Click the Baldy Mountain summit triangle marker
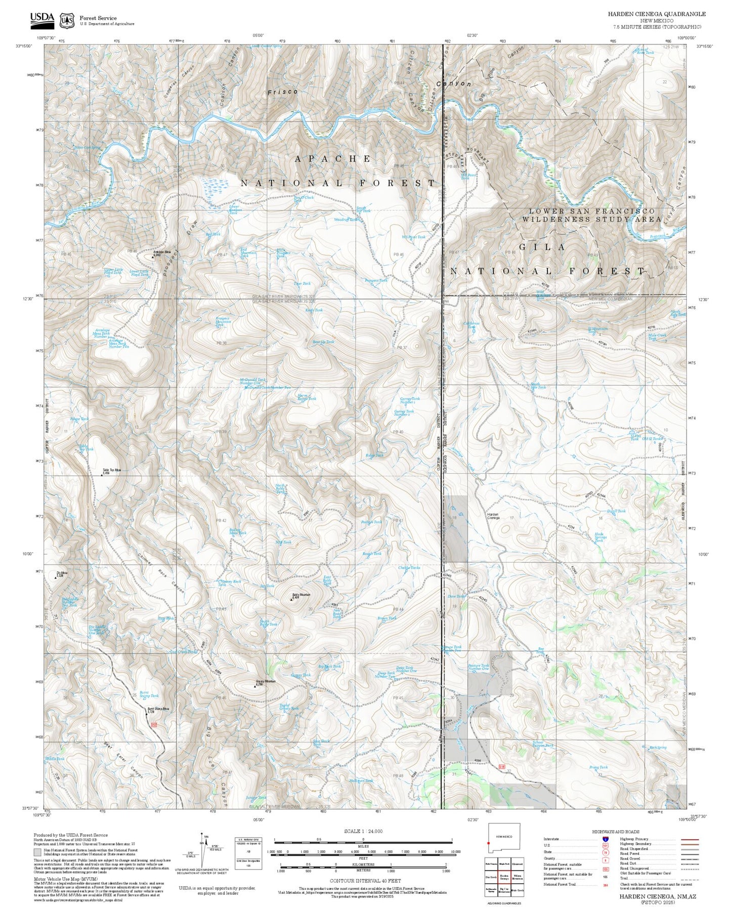[x=291, y=599]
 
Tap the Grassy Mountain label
[x=266, y=682]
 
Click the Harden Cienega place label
[x=493, y=516]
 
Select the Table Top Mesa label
[x=112, y=470]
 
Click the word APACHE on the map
[x=333, y=159]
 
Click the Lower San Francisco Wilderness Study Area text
[x=591, y=215]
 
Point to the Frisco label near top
[x=282, y=92]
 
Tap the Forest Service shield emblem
[x=66, y=20]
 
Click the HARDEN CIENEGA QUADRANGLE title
[x=656, y=14]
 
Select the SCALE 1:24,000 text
[x=363, y=831]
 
